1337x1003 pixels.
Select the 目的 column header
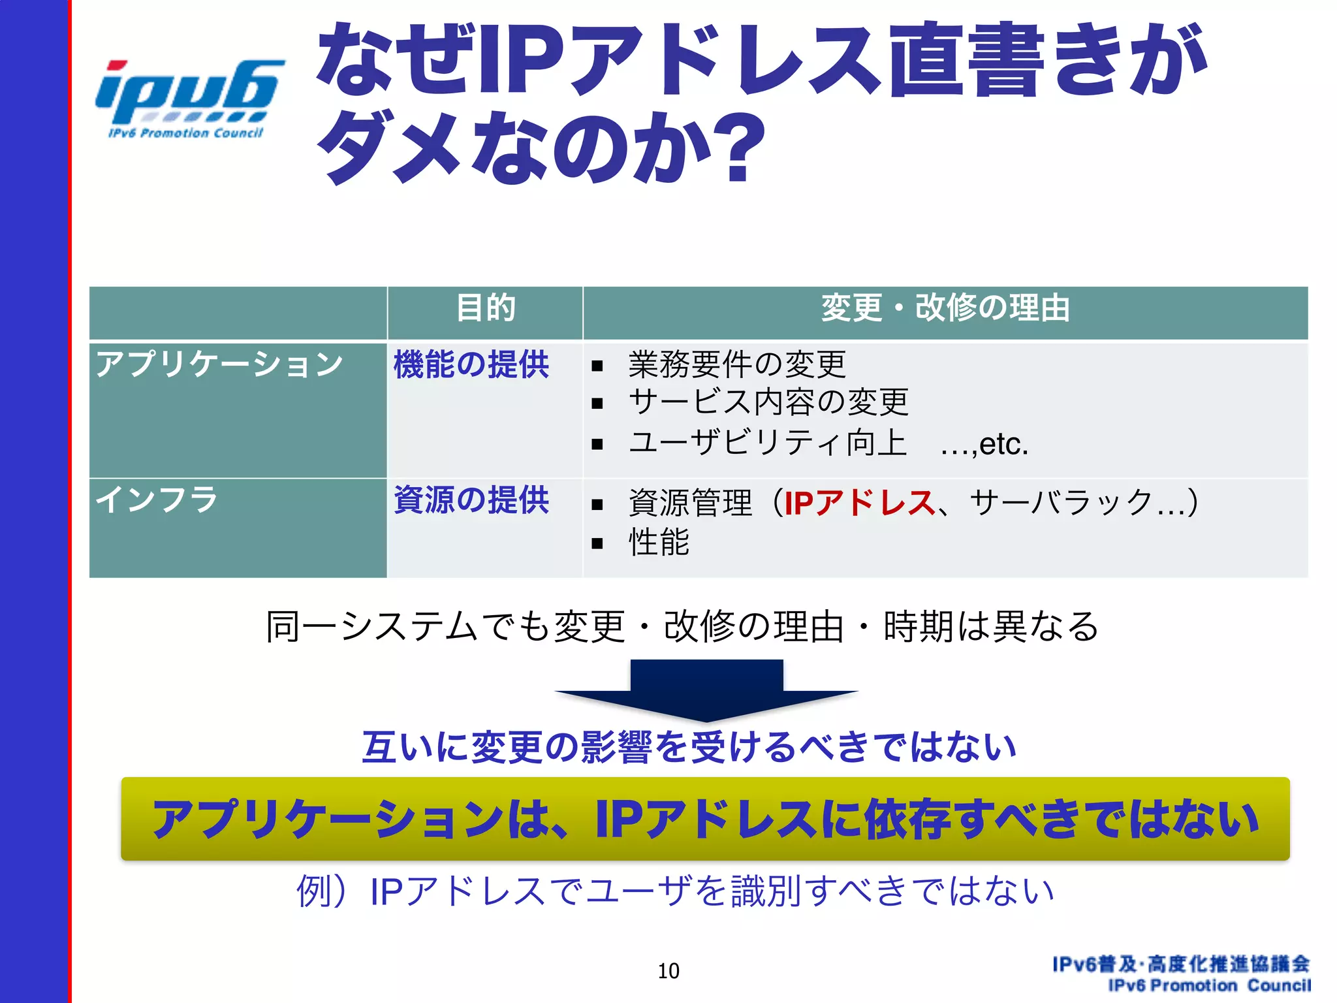(x=485, y=308)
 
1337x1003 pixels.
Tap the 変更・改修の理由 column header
(x=945, y=308)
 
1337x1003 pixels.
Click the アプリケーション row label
(x=219, y=364)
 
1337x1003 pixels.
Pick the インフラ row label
(x=157, y=500)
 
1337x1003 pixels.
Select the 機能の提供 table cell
(x=471, y=364)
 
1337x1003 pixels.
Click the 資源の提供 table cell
(x=471, y=500)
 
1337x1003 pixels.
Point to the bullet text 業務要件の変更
(x=736, y=364)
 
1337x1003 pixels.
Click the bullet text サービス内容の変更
(x=768, y=402)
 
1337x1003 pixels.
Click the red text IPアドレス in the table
(x=859, y=502)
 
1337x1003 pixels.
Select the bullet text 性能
(x=658, y=542)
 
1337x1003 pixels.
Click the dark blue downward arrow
(x=706, y=690)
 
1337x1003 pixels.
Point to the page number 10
(x=668, y=971)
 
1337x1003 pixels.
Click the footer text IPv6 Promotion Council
(x=1209, y=985)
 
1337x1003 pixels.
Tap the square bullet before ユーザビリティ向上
(x=597, y=445)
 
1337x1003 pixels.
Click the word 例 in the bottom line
(x=314, y=891)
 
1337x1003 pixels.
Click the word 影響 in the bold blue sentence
(x=616, y=747)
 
